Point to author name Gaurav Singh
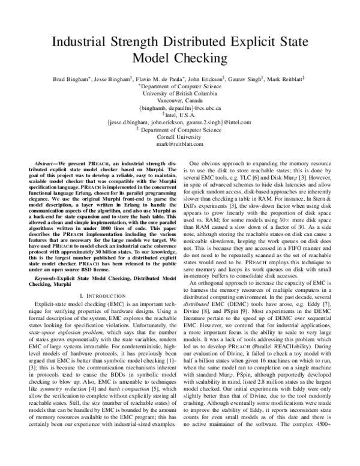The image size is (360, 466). pos(244,78)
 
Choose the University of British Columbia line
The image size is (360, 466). pos(180,93)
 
